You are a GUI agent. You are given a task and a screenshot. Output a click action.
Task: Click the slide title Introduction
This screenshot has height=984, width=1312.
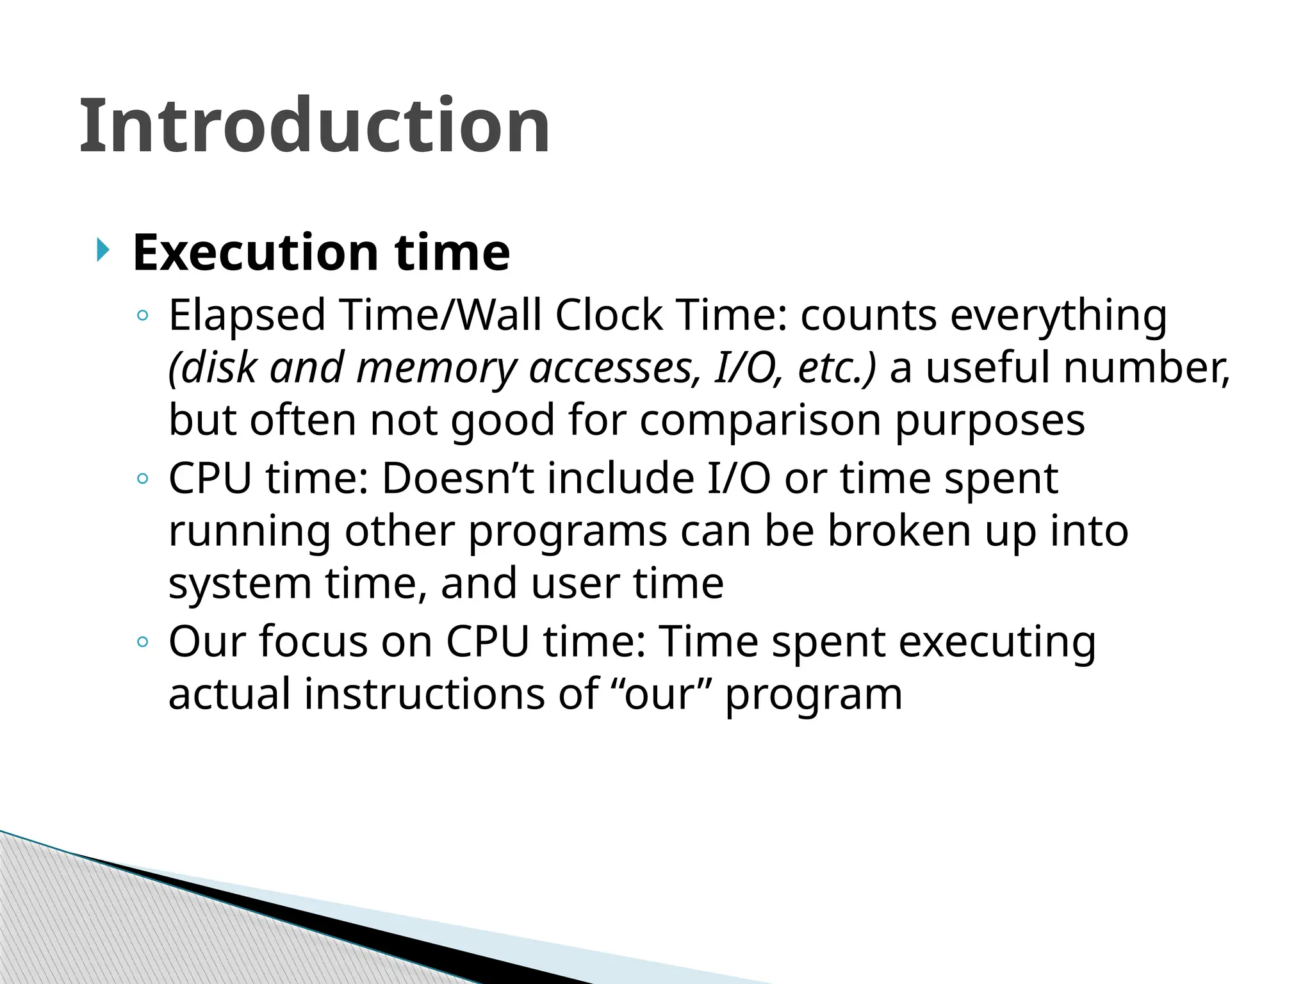pos(314,126)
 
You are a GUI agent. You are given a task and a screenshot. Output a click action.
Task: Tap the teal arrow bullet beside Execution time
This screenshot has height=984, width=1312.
pos(102,249)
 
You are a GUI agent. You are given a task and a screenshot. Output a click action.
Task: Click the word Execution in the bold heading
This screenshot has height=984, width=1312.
pos(256,252)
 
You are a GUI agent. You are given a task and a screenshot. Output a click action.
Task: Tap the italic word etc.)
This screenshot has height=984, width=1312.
pos(837,368)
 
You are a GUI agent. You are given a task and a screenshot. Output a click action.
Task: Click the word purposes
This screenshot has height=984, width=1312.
pos(990,421)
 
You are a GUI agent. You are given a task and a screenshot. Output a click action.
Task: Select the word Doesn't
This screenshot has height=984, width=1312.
pos(458,479)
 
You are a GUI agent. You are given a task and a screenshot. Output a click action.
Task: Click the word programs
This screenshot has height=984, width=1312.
pos(568,532)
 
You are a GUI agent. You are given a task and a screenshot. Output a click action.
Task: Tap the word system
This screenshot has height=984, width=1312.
pos(240,584)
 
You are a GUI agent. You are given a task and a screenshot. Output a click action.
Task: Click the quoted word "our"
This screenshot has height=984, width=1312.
pos(660,694)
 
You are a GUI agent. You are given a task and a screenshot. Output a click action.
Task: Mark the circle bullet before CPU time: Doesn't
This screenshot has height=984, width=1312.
pos(143,479)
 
